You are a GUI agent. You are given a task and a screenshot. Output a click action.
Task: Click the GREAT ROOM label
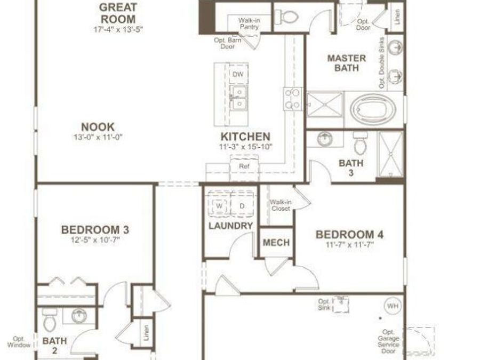(118, 13)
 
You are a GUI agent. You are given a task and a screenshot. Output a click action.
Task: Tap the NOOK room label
(98, 127)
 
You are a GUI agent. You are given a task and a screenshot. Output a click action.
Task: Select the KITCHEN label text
(245, 137)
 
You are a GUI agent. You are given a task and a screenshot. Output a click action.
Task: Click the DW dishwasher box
(238, 74)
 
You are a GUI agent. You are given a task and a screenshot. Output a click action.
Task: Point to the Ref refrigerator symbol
(244, 166)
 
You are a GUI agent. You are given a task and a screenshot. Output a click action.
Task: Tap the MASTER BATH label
(346, 63)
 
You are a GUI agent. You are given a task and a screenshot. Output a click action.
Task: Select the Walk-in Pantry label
(249, 23)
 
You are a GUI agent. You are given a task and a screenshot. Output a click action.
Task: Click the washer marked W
(219, 206)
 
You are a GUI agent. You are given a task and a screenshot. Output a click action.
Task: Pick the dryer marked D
(241, 206)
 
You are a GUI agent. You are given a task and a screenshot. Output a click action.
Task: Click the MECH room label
(277, 243)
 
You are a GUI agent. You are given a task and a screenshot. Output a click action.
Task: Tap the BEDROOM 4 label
(349, 235)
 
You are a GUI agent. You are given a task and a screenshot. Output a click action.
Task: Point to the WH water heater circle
(393, 306)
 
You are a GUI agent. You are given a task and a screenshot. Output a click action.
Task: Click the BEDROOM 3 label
(95, 230)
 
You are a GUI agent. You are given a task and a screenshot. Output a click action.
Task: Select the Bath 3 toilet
(359, 142)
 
